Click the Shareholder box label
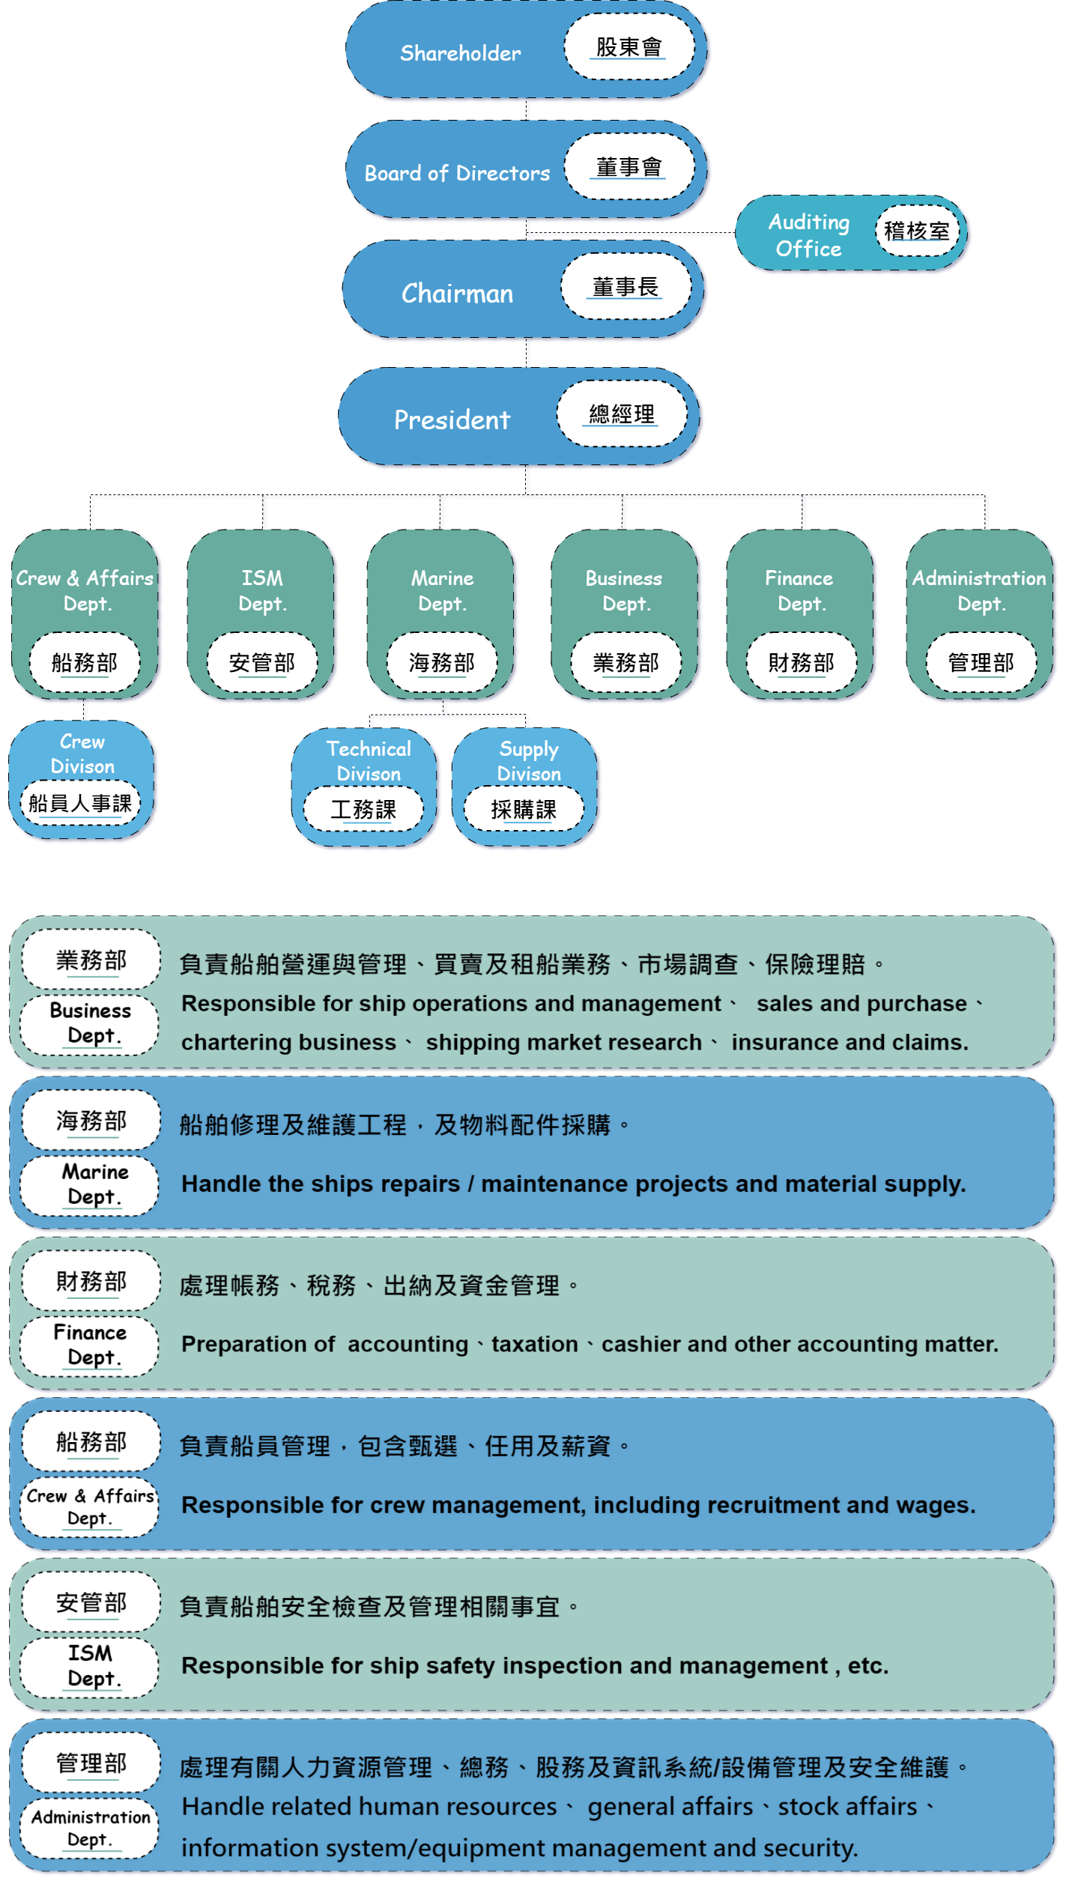460,53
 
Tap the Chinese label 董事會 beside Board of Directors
629,167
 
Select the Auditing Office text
808,234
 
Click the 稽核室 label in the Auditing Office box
916,231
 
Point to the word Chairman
457,293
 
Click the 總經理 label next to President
621,414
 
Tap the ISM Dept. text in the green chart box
262,590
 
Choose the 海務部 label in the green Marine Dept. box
441,663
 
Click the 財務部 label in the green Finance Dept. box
801,663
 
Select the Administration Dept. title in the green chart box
979,590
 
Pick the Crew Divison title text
82,754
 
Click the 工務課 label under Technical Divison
363,810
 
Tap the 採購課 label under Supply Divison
524,810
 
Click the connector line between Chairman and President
526,352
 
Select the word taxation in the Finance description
534,1344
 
